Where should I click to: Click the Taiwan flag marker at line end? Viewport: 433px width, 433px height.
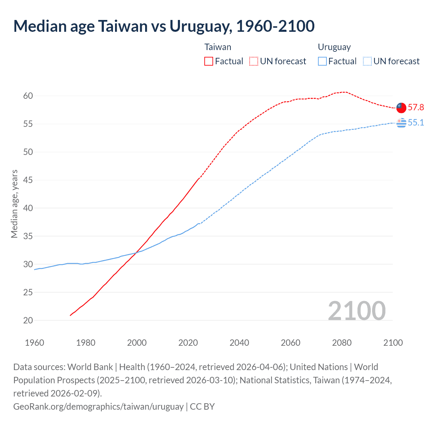[x=401, y=107]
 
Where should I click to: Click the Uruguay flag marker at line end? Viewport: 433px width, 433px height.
[x=401, y=123]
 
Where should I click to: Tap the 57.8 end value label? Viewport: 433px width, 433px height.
[x=416, y=107]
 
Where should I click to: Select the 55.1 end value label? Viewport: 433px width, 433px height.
[x=416, y=122]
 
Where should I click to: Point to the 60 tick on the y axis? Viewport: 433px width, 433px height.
[x=28, y=96]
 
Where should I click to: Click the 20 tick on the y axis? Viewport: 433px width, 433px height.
[x=28, y=320]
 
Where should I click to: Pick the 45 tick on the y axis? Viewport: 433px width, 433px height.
[x=28, y=180]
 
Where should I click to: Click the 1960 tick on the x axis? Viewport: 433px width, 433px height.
[x=35, y=343]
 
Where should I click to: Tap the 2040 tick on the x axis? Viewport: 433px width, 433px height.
[x=239, y=343]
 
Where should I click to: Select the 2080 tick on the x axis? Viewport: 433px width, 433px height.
[x=342, y=343]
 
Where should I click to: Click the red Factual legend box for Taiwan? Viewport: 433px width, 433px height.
[x=209, y=61]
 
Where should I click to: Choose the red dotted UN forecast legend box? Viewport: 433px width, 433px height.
[x=254, y=61]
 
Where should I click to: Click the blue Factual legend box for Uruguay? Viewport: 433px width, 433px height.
[x=322, y=61]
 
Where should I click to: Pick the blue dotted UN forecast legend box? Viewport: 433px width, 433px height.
[x=367, y=61]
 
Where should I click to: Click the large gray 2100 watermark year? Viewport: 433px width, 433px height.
[x=357, y=311]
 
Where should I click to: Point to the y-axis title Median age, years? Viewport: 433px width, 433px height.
[x=14, y=204]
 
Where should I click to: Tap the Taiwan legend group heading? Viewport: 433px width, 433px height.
[x=218, y=47]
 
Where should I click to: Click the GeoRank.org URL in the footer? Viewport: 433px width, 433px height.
[x=98, y=406]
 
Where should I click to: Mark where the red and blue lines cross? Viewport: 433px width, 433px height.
[x=136, y=252]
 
